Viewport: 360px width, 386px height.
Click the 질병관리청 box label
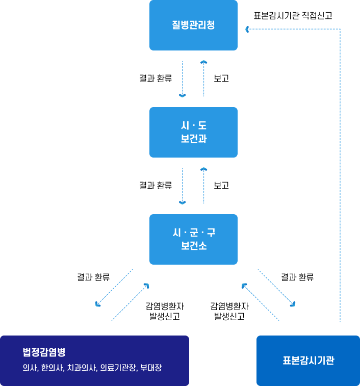[x=193, y=25]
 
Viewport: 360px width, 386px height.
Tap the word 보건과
[x=193, y=138]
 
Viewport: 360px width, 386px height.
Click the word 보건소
[x=193, y=245]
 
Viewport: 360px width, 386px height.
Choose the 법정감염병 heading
[x=44, y=352]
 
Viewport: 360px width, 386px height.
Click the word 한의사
[x=52, y=367]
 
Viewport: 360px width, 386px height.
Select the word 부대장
[x=151, y=367]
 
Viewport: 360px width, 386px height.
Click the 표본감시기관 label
[x=308, y=361]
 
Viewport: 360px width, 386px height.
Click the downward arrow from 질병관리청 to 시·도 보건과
[x=183, y=79]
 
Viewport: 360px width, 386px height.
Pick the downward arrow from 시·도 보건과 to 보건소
[x=183, y=186]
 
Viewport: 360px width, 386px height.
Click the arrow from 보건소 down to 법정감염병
[x=114, y=288]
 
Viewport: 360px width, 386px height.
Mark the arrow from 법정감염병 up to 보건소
[x=131, y=302]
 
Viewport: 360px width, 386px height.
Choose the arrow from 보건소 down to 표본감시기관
[x=277, y=288]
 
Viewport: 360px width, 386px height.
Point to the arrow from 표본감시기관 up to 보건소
[x=260, y=302]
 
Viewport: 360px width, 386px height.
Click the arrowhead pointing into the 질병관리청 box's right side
[x=248, y=30]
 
